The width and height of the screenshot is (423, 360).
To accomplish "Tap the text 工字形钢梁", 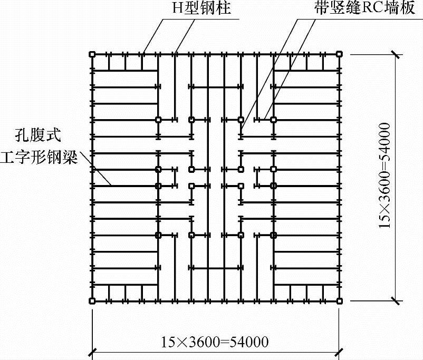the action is pyautogui.click(x=39, y=157).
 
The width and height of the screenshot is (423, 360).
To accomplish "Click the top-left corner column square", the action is pyautogui.click(x=92, y=54).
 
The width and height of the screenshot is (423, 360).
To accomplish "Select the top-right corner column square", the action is pyautogui.click(x=340, y=54).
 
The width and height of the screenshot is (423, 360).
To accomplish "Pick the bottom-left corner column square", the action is pyautogui.click(x=92, y=301).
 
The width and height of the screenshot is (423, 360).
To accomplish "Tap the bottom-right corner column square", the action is pyautogui.click(x=340, y=301).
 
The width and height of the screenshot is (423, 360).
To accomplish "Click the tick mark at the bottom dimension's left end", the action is pyautogui.click(x=94, y=352).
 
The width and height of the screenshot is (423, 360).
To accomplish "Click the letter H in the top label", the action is pyautogui.click(x=177, y=9).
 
